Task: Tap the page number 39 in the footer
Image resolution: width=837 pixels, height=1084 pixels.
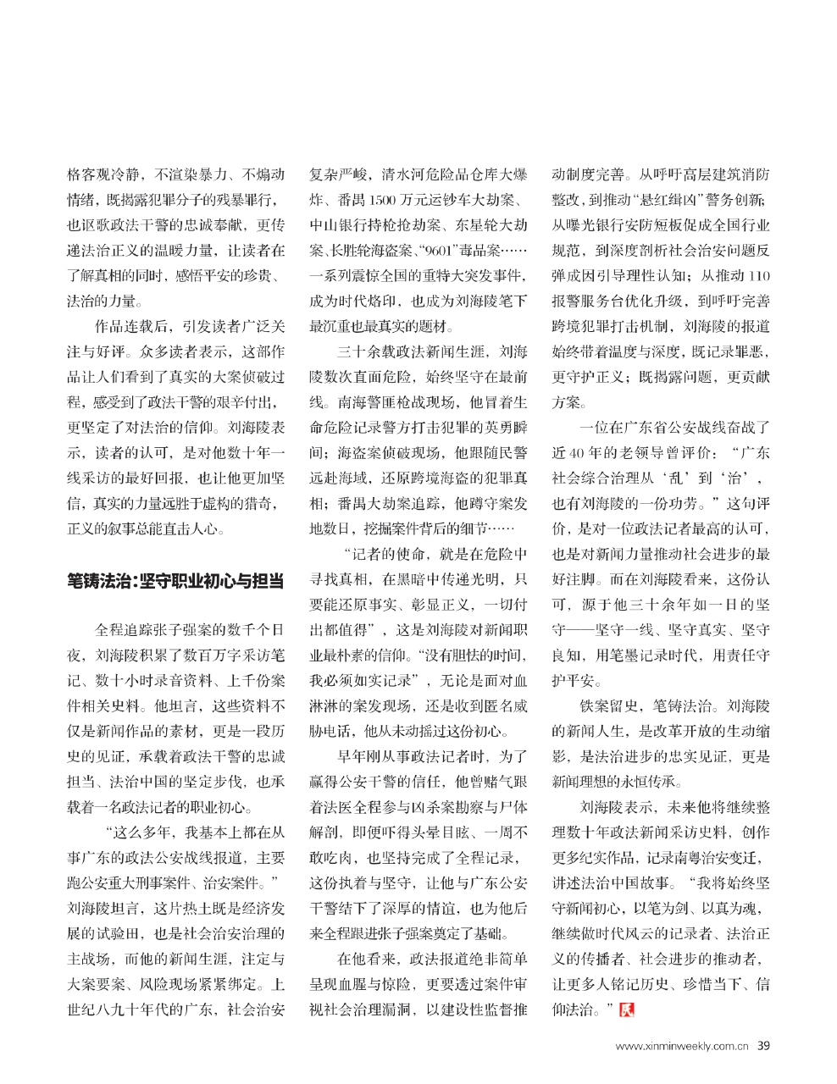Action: [764, 1046]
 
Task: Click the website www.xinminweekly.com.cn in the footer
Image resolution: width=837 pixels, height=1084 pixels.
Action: [682, 1047]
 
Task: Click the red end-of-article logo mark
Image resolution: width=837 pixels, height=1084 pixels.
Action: [627, 1009]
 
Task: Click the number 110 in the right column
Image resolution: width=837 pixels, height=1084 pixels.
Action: [759, 276]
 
